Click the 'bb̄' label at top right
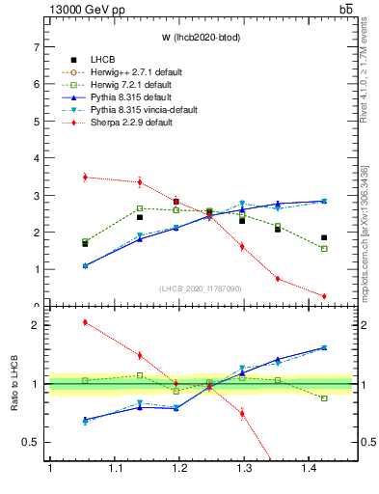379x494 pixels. click(x=345, y=9)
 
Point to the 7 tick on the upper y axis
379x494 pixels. click(x=38, y=47)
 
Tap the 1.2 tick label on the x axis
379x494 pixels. click(x=178, y=468)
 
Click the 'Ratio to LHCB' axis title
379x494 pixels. click(x=14, y=384)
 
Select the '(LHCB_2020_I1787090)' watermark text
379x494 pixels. click(x=201, y=288)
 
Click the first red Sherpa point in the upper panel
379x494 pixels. click(x=86, y=177)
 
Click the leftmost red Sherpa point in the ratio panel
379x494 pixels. click(x=86, y=322)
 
